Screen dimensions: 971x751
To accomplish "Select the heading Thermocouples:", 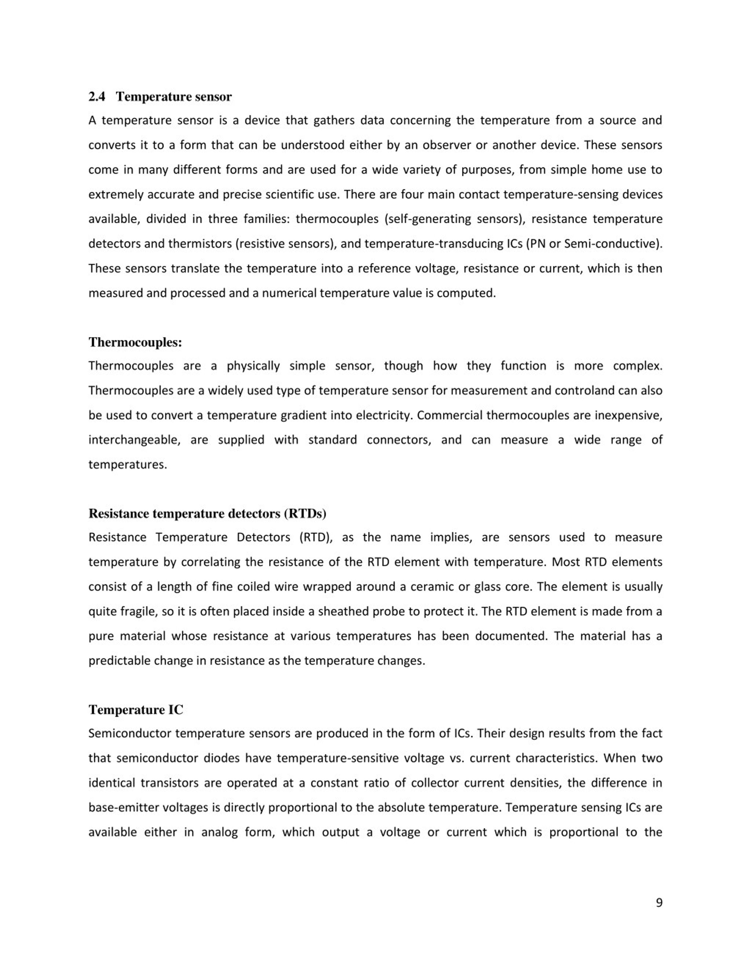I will click(x=135, y=342).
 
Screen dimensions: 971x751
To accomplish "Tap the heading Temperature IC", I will click(x=136, y=710).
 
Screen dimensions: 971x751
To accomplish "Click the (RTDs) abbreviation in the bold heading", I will click(x=305, y=513).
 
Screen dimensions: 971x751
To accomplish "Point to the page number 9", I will click(x=659, y=902).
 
